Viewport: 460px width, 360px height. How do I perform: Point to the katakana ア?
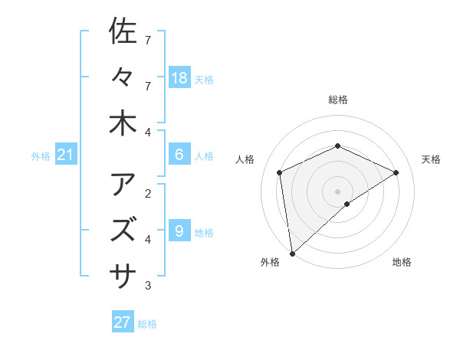click(x=123, y=185)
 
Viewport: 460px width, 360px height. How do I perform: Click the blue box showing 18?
click(x=179, y=77)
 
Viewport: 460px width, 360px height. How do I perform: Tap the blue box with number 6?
click(x=179, y=154)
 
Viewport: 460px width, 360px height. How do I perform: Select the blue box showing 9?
click(x=179, y=230)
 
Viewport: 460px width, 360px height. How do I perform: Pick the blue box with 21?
click(x=65, y=155)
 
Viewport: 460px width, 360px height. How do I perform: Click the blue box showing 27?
click(x=123, y=322)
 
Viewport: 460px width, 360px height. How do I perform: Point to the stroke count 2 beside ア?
click(x=148, y=193)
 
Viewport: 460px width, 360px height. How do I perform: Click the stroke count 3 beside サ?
click(x=148, y=286)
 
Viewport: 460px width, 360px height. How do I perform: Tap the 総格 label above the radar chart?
click(x=337, y=100)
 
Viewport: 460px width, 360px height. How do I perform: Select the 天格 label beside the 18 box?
click(x=204, y=80)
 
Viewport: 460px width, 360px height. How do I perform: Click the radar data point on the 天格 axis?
click(x=396, y=172)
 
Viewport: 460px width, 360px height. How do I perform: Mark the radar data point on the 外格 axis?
click(x=292, y=253)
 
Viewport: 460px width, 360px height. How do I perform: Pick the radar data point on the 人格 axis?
click(x=280, y=172)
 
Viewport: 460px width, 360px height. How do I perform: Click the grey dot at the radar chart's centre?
click(x=337, y=191)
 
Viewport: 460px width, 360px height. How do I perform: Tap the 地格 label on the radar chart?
click(x=402, y=262)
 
